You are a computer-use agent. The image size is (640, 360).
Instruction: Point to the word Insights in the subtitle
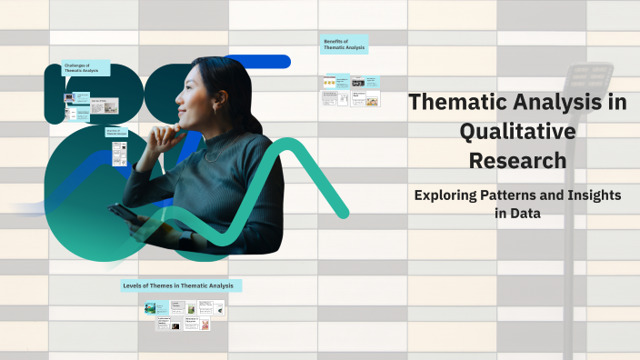591,195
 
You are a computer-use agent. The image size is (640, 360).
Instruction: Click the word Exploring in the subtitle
446,195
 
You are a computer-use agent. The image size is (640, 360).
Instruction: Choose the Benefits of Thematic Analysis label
345,44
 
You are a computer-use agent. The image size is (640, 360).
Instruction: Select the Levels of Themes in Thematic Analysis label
178,285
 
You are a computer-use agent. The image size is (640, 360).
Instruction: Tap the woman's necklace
211,156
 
